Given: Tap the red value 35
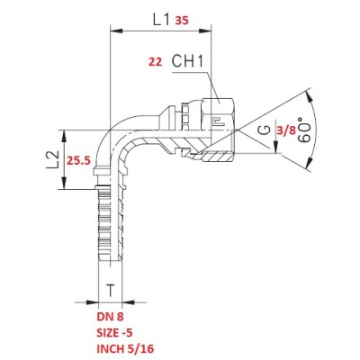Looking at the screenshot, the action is coord(182,21).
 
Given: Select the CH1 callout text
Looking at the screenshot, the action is coord(187,61).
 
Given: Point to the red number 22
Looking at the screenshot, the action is coord(156,62).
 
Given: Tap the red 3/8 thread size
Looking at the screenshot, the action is coord(286,130).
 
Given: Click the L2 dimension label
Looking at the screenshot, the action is coord(52,159).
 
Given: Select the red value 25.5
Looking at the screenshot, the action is coord(78,161).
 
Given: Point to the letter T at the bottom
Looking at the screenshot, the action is coord(111,290).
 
